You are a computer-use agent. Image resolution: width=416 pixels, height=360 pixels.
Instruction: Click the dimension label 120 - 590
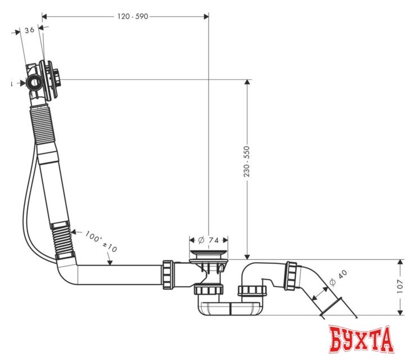pos(132,16)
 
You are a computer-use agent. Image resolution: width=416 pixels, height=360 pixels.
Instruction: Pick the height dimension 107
pos(400,287)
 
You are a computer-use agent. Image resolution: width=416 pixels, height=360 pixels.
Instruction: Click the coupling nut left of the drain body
pos(168,274)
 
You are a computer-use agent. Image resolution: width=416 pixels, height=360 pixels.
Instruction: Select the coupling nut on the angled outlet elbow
pos(291,275)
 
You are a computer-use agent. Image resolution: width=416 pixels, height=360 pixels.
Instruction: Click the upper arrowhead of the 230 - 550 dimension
pos(246,83)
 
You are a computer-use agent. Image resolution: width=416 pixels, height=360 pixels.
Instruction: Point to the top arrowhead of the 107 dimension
pos(400,263)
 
